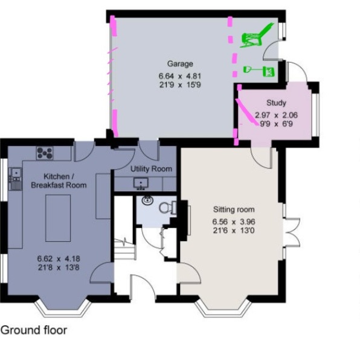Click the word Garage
(x=180, y=63)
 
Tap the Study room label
(x=275, y=103)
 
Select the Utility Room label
(x=151, y=169)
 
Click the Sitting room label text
(x=233, y=209)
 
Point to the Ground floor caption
(x=33, y=330)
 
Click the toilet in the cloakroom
(x=166, y=208)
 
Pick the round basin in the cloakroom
(x=147, y=202)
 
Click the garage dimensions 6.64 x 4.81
(x=179, y=76)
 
